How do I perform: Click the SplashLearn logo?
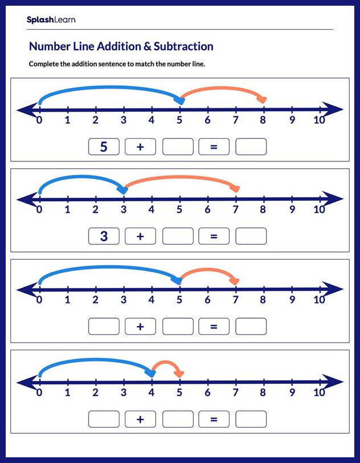(50, 20)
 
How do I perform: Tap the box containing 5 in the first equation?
(104, 147)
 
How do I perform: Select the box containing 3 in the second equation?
(104, 236)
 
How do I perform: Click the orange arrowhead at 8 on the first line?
(262, 101)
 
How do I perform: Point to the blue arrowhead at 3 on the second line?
(123, 190)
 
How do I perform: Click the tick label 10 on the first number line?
(320, 120)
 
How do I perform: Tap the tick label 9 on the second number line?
(292, 210)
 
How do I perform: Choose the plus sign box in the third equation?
(140, 326)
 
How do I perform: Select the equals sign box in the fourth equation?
(214, 419)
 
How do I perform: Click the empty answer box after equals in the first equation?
(251, 147)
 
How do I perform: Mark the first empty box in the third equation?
(104, 326)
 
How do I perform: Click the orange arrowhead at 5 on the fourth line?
(179, 373)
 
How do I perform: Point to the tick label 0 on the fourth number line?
(39, 393)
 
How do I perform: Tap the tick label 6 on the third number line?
(207, 300)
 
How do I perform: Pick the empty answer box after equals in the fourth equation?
(251, 419)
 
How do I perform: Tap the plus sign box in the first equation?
(140, 147)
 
